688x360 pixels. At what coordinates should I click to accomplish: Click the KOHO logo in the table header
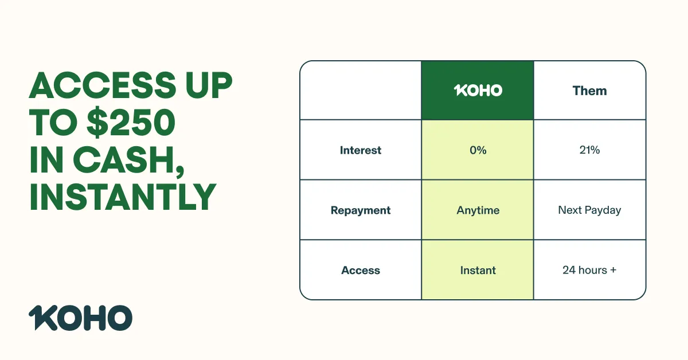pyautogui.click(x=478, y=91)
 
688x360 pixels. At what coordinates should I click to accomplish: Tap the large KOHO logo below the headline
pyautogui.click(x=80, y=318)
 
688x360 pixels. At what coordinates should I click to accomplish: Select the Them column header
pyautogui.click(x=590, y=91)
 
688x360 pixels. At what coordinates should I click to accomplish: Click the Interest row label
pyautogui.click(x=361, y=150)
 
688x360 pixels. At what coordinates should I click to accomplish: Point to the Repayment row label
pyautogui.click(x=361, y=210)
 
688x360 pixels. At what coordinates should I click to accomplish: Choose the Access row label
pyautogui.click(x=361, y=271)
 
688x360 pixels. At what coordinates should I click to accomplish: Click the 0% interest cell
pyautogui.click(x=478, y=150)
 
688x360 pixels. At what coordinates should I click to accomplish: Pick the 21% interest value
pyautogui.click(x=590, y=150)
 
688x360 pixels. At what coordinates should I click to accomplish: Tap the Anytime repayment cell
pyautogui.click(x=478, y=210)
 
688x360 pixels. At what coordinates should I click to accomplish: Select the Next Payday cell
pyautogui.click(x=590, y=210)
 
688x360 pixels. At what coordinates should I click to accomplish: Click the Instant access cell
pyautogui.click(x=478, y=271)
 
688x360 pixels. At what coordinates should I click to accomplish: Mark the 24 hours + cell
pyautogui.click(x=590, y=270)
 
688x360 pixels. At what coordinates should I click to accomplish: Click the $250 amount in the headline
pyautogui.click(x=131, y=122)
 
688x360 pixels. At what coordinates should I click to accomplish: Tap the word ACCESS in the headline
pyautogui.click(x=103, y=85)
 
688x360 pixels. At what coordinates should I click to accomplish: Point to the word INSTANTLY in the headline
pyautogui.click(x=123, y=197)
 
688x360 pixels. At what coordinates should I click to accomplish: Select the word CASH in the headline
pyautogui.click(x=128, y=159)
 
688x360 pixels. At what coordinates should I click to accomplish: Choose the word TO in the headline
pyautogui.click(x=54, y=122)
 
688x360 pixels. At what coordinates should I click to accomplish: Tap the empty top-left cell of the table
pyautogui.click(x=361, y=91)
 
